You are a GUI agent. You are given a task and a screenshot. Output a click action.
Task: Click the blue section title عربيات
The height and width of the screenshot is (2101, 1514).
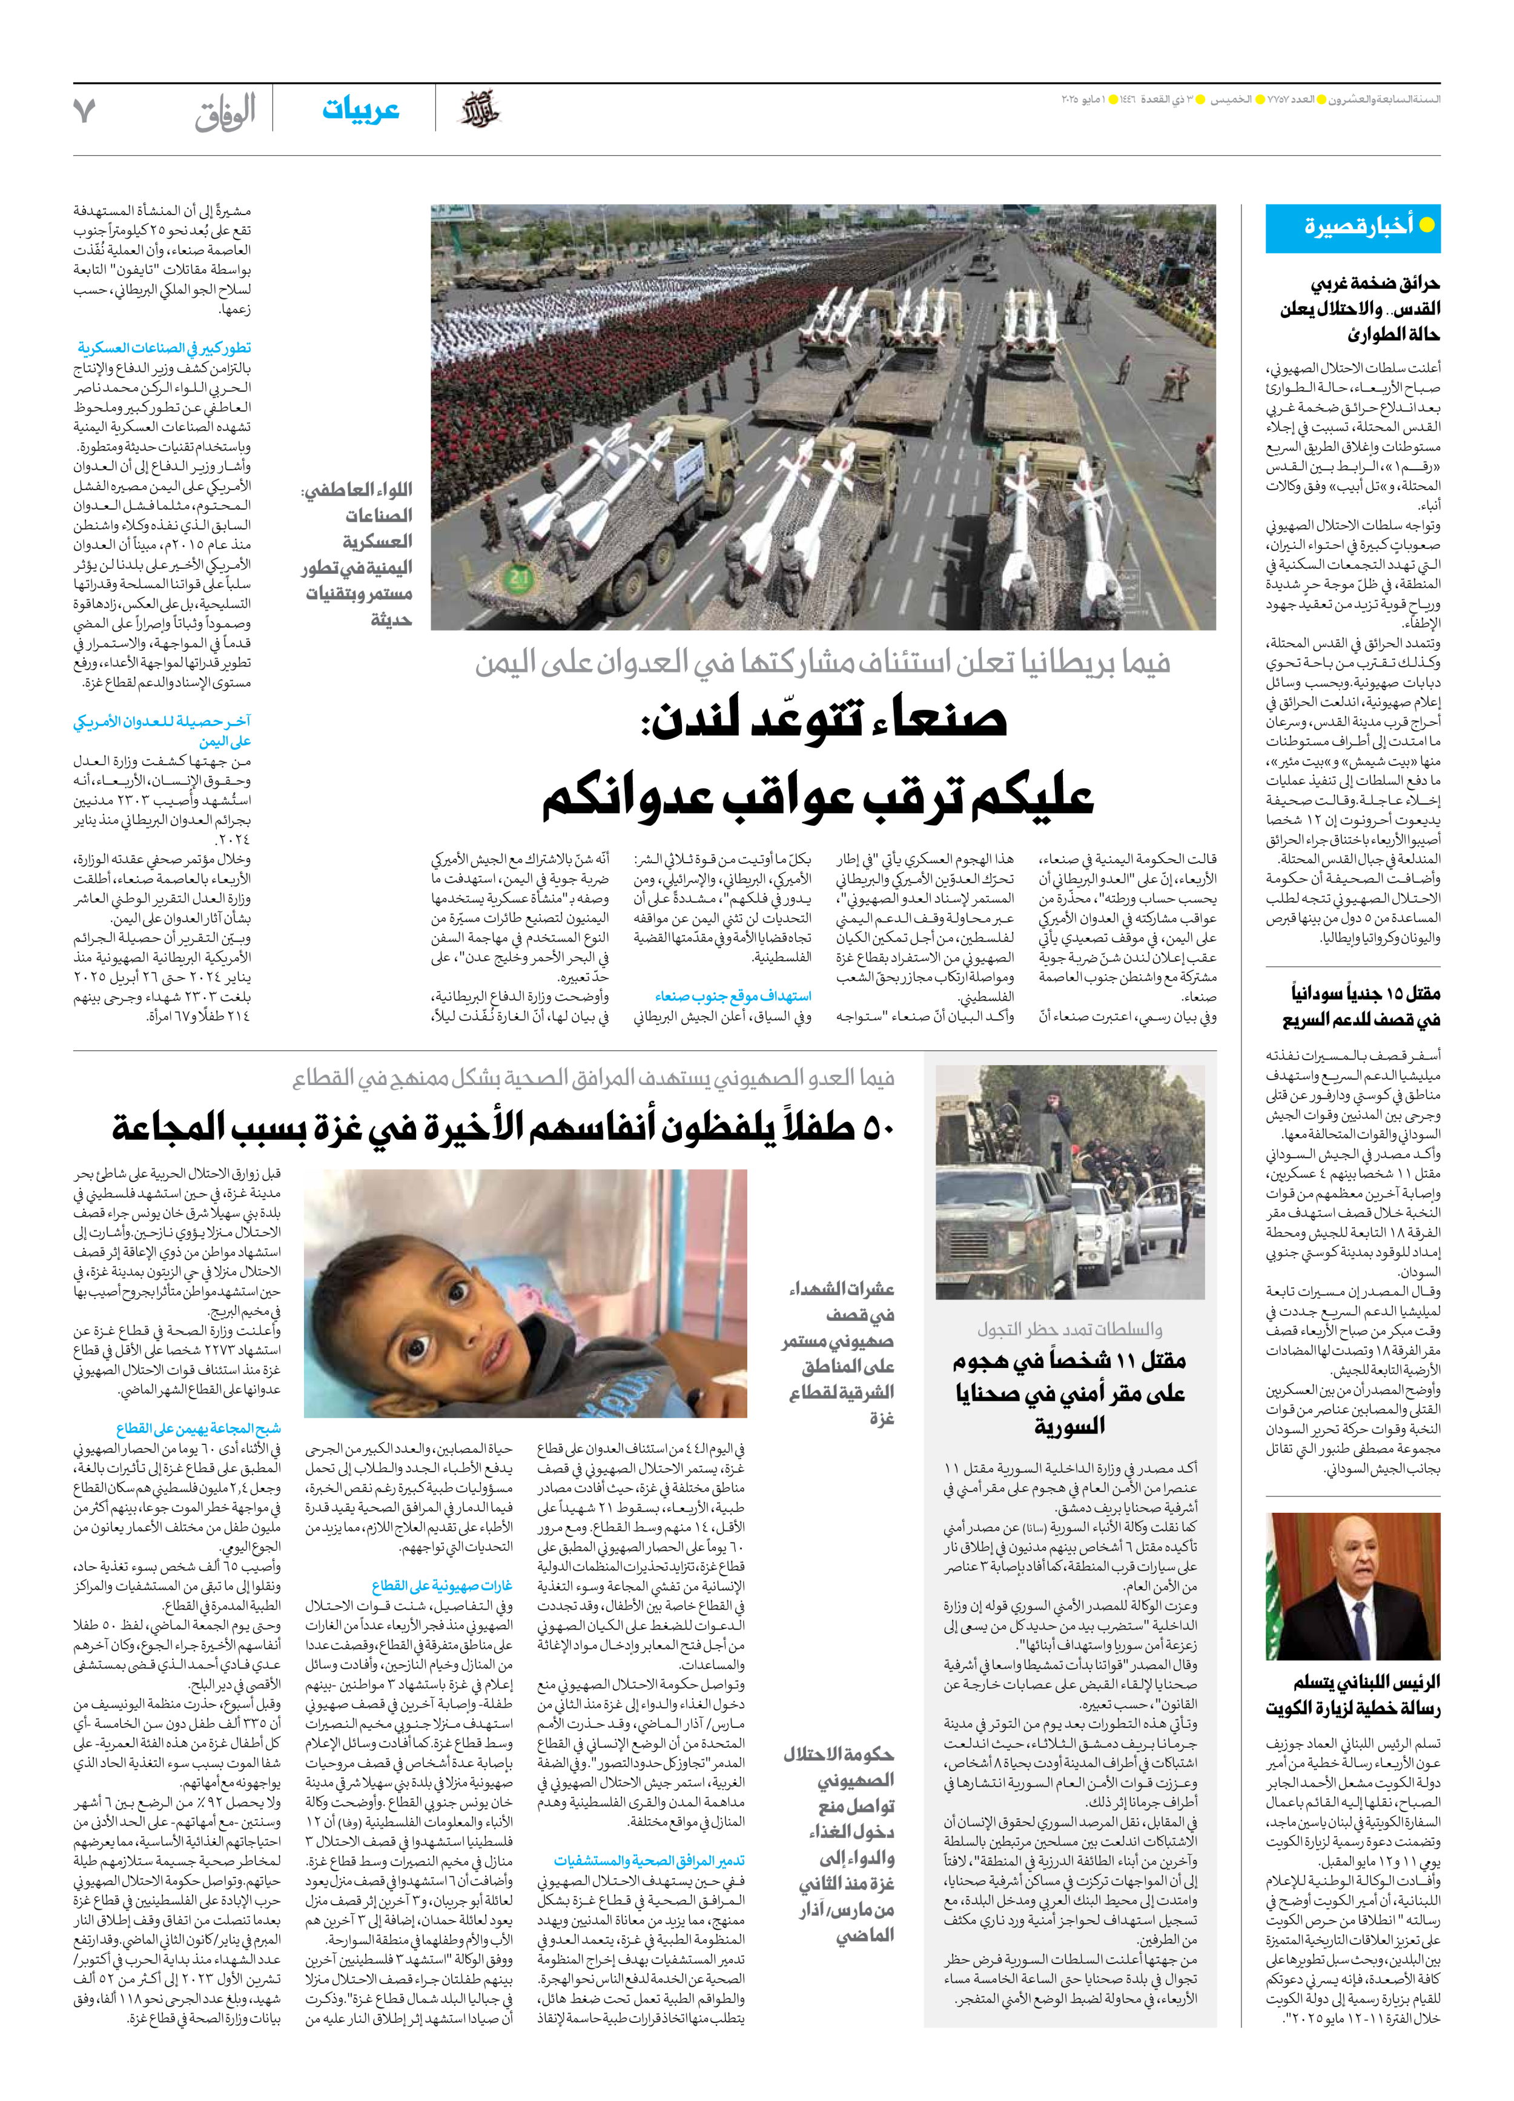(360, 110)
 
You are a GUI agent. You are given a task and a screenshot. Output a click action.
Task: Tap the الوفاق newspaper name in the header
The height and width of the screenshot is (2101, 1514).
(225, 112)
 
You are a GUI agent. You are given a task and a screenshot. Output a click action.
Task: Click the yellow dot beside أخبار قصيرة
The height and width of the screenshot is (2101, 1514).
(1427, 225)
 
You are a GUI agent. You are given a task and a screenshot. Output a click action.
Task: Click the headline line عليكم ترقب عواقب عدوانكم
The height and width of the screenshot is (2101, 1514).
(817, 795)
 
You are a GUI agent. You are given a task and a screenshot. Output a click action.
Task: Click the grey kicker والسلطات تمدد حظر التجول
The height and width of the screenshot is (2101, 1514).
(1069, 1329)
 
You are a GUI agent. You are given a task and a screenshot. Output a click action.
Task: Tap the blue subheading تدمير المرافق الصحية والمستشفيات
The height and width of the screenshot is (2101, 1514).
(649, 1861)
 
